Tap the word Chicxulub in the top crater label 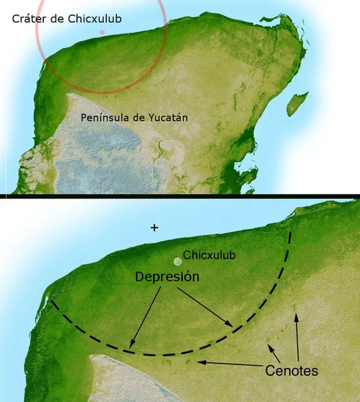point(94,19)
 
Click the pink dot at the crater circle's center point(102,32)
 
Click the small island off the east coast point(297,103)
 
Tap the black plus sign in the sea point(154,228)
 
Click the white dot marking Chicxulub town point(178,261)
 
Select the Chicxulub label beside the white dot point(209,255)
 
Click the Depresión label point(167,277)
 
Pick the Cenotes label point(292,371)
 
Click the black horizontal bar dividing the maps point(180,196)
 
